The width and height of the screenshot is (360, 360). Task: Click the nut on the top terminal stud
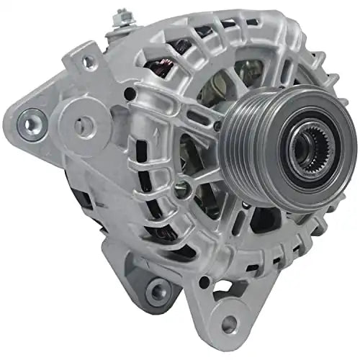click(x=124, y=17)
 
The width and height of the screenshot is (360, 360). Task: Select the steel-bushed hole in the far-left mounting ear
click(x=30, y=123)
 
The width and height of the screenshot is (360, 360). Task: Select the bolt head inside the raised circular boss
click(x=182, y=189)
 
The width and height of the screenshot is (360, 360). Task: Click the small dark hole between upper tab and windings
click(x=130, y=94)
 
